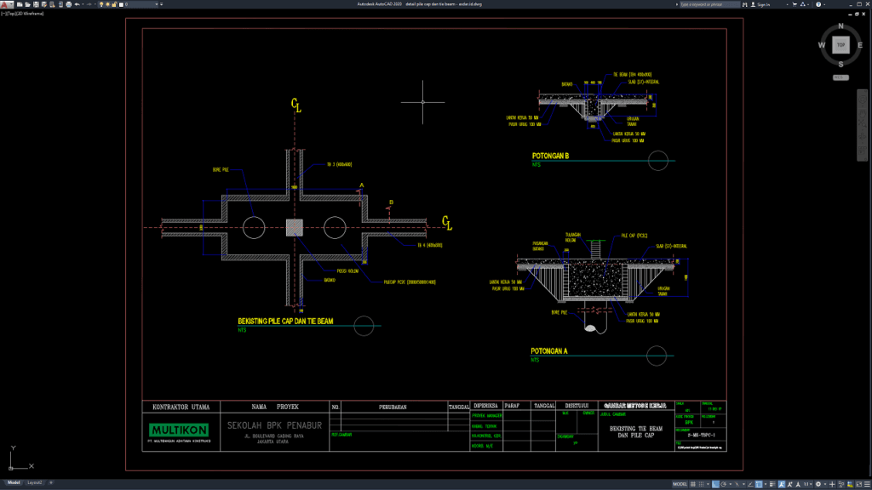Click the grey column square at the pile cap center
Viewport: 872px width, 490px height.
click(x=294, y=226)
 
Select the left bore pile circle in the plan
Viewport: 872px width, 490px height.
click(x=254, y=226)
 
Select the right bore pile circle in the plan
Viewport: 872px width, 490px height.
click(x=334, y=226)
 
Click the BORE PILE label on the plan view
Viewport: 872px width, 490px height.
click(x=221, y=169)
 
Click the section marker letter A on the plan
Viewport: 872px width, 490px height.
click(x=361, y=185)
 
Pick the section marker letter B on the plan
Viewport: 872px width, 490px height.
click(x=391, y=202)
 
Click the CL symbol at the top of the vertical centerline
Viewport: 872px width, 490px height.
click(x=295, y=105)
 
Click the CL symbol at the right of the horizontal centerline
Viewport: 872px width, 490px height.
click(x=446, y=223)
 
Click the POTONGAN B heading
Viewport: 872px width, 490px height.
click(x=550, y=157)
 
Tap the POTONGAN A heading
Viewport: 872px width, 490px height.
click(x=549, y=350)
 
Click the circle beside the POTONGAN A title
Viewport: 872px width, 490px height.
click(x=657, y=355)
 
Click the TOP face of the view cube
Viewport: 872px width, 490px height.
click(x=840, y=45)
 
